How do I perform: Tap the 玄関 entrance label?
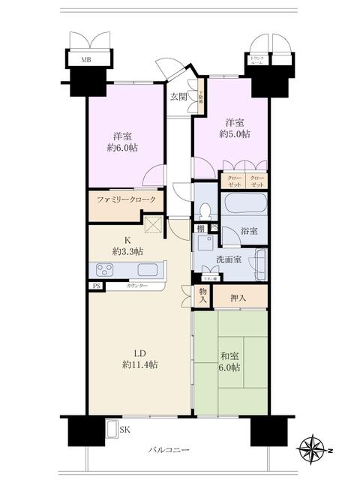tap(178, 97)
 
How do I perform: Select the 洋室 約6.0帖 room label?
tap(124, 142)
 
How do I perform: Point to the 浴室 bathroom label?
tap(250, 232)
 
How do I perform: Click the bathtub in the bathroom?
tap(244, 205)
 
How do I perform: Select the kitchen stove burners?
tap(103, 270)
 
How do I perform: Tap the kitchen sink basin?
tap(147, 270)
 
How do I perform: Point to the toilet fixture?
tap(204, 212)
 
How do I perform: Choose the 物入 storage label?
tap(202, 295)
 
